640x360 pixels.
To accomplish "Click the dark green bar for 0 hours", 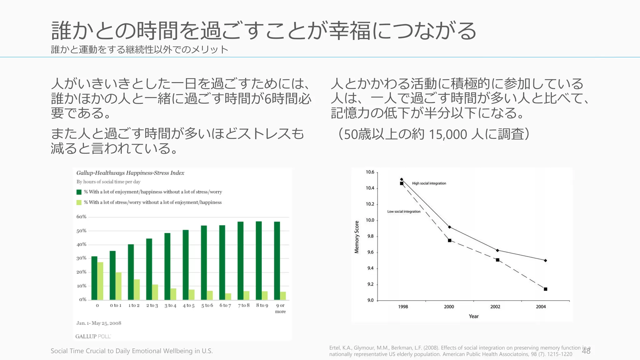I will point(94,278).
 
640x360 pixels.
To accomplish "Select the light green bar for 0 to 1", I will point(118,286).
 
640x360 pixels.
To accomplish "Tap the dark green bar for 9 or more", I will point(277,261).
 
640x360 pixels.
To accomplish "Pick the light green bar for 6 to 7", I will point(228,297).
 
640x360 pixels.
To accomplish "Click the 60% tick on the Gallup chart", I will point(81,217).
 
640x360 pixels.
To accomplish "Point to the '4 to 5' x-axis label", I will point(188,305).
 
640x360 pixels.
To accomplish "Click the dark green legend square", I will point(79,192).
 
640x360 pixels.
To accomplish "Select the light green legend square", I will point(79,202).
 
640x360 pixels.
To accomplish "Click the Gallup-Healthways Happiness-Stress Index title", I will point(130,173).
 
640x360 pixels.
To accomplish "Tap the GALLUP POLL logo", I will point(93,336).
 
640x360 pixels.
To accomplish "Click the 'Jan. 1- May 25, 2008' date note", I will point(99,323).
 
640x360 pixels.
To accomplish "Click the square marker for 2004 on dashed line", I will point(545,289).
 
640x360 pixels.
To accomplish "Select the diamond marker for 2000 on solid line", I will point(449,227).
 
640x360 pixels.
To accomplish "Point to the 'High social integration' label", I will point(429,183).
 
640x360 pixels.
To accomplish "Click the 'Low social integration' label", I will point(404,212).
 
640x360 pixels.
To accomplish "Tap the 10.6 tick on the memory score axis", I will point(370,172).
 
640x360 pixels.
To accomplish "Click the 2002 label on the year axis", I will point(495,307).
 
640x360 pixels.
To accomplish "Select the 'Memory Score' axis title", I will point(357,237).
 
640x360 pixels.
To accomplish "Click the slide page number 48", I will point(586,351).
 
